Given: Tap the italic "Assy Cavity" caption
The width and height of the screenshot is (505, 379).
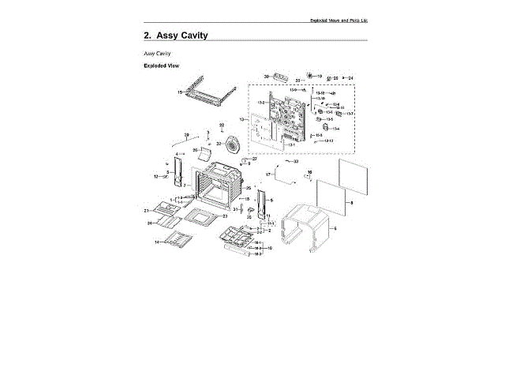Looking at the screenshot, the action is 158,53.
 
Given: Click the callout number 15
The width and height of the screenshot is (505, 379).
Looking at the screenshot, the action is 180,93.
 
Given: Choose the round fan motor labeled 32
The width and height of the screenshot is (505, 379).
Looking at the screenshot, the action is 234,145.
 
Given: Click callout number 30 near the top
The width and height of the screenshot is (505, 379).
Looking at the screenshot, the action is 267,76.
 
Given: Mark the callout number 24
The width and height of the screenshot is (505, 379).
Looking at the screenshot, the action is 351,77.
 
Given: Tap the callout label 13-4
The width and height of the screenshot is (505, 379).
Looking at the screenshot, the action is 330,111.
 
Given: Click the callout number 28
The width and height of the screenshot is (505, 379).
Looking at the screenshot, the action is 186,135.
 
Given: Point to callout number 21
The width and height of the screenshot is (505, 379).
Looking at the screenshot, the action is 224,216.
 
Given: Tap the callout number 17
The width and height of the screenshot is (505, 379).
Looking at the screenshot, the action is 267,174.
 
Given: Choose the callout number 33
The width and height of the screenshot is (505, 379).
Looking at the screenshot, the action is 297,161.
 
